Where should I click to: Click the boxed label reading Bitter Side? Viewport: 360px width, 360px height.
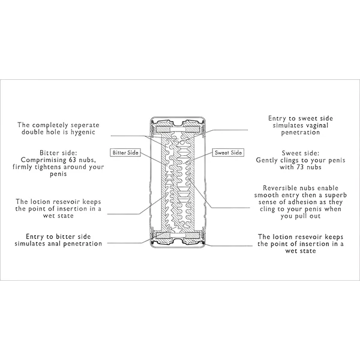(x=125, y=153)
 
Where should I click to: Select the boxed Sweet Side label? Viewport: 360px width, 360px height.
(x=229, y=153)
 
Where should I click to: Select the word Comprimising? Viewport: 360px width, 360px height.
(x=44, y=160)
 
